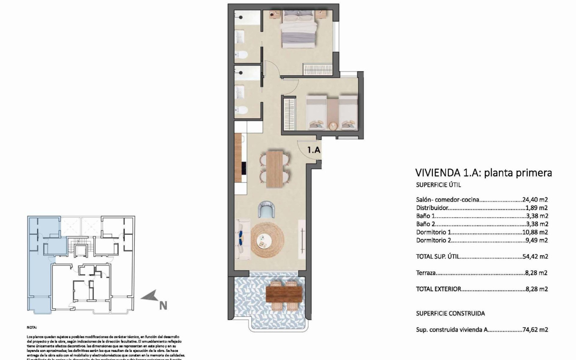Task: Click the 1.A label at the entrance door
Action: pos(313,149)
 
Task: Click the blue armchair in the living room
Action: pos(267,209)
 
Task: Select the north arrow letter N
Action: pos(163,305)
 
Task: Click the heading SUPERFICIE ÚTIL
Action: pos(438,185)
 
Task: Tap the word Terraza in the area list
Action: pos(426,273)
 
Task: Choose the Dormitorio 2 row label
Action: pos(434,240)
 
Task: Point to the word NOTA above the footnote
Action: pos(32,327)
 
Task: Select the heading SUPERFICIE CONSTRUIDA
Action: pos(450,313)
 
